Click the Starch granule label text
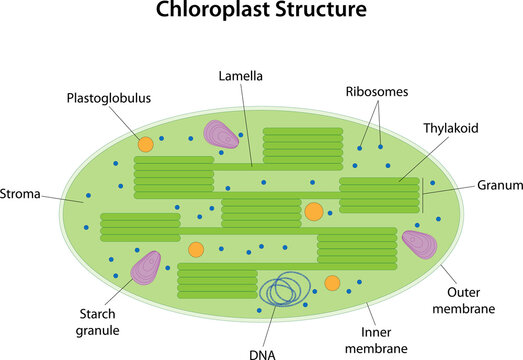point(94,321)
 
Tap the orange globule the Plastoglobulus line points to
point(146,144)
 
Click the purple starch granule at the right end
point(419,244)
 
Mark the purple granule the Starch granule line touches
point(147,267)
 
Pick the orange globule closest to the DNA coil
point(332,283)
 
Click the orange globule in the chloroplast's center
point(314,212)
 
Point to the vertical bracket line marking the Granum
point(422,195)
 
